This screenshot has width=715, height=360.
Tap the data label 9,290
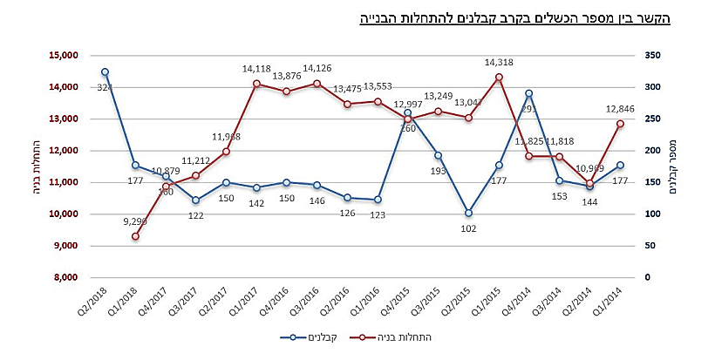pos(135,221)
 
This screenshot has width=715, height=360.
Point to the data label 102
pos(468,228)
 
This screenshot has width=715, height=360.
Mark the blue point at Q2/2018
pos(105,71)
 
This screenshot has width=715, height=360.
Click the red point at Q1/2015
pos(499,77)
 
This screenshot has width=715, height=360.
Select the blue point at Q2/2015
pos(468,213)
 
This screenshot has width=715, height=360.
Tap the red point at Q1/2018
pos(135,236)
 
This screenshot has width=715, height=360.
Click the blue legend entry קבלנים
pos(310,336)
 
